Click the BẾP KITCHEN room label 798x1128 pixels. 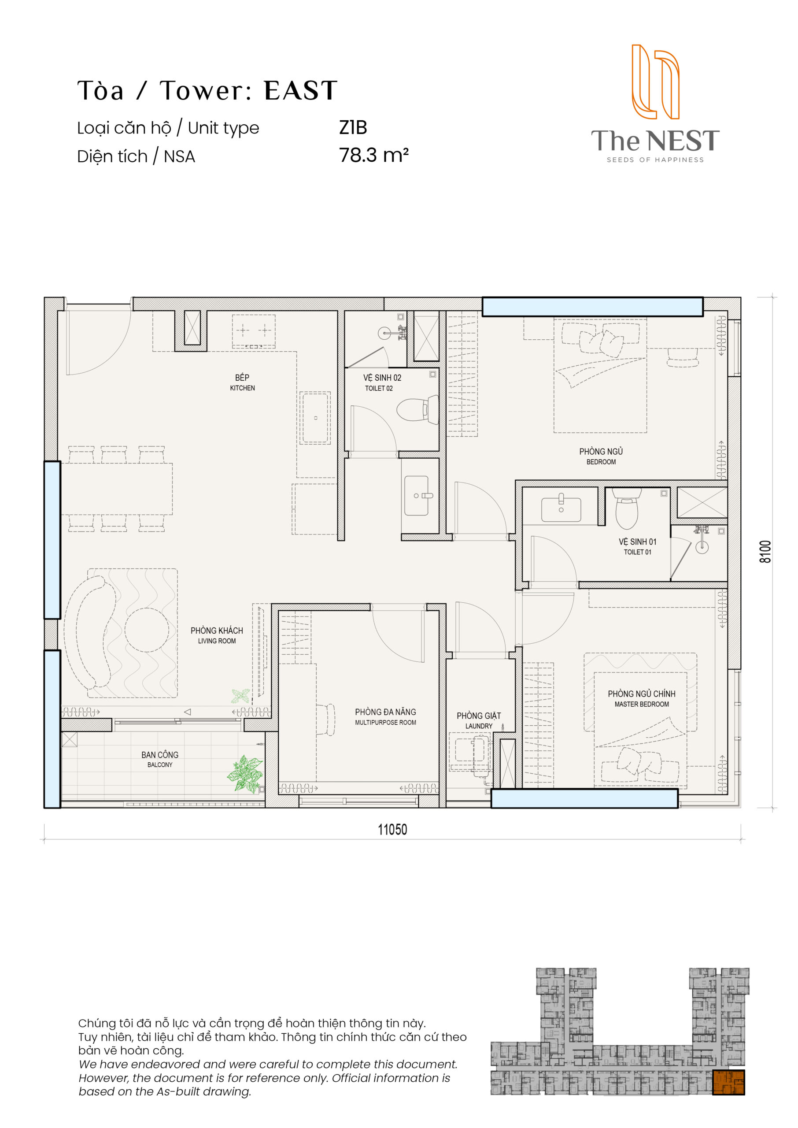click(x=242, y=382)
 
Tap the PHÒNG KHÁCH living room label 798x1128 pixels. click(x=217, y=635)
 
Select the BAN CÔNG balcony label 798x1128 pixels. click(x=160, y=759)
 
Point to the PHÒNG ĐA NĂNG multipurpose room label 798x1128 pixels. click(x=385, y=716)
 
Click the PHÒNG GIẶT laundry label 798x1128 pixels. click(x=479, y=720)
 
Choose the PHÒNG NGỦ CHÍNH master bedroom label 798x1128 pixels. click(x=641, y=698)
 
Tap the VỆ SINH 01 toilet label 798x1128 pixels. click(x=637, y=546)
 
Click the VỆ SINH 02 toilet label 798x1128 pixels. click(x=382, y=382)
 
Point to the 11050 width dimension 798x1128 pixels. click(x=392, y=829)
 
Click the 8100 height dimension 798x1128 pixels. click(x=765, y=552)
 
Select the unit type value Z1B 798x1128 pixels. click(x=353, y=127)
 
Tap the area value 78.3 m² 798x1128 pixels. click(x=373, y=155)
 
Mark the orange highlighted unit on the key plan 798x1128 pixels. click(x=728, y=1082)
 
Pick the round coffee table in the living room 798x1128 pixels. click(x=146, y=630)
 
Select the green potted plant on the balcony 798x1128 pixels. click(x=245, y=775)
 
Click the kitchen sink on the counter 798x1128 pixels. click(x=315, y=418)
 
